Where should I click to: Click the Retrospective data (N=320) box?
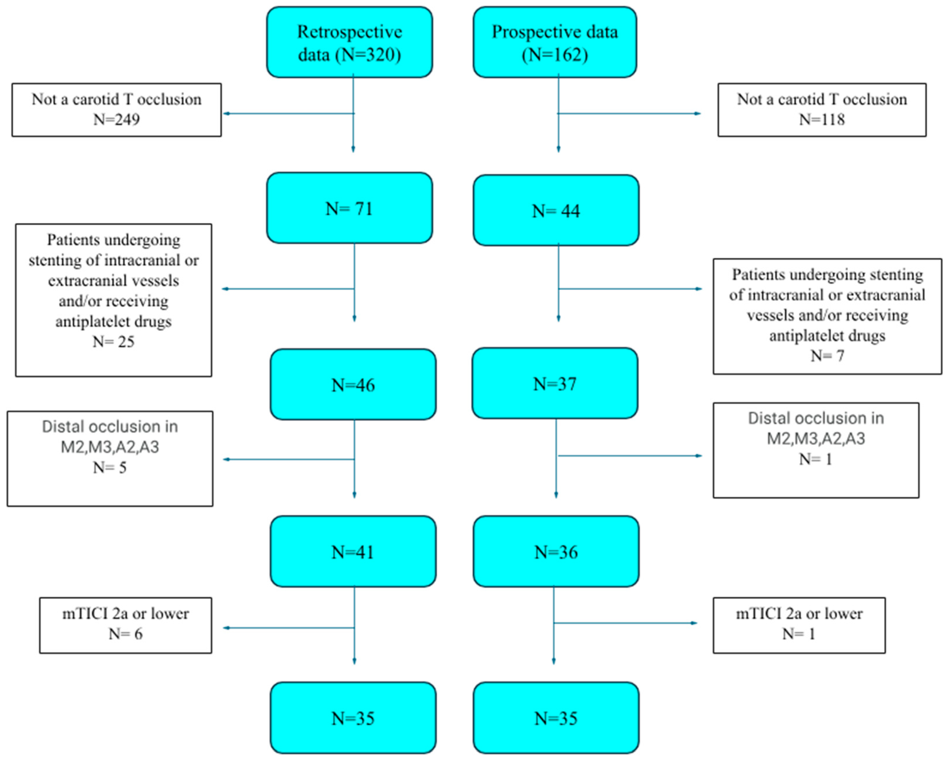coord(349,43)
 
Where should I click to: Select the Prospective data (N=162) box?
coord(555,43)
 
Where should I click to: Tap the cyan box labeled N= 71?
coord(349,208)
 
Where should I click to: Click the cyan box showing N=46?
coord(353,385)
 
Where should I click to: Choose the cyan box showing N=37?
coord(555,383)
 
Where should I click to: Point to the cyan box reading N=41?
coord(353,551)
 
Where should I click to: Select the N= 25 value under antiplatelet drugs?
coord(114,342)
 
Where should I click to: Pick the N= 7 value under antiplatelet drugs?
coord(827,356)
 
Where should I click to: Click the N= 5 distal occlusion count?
coord(110,467)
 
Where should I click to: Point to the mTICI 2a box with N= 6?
coord(125,625)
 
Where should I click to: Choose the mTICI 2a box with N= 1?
coord(799,625)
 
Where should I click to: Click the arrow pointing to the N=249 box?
coord(229,114)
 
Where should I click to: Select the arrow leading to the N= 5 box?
coord(229,459)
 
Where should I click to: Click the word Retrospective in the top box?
coord(349,32)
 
